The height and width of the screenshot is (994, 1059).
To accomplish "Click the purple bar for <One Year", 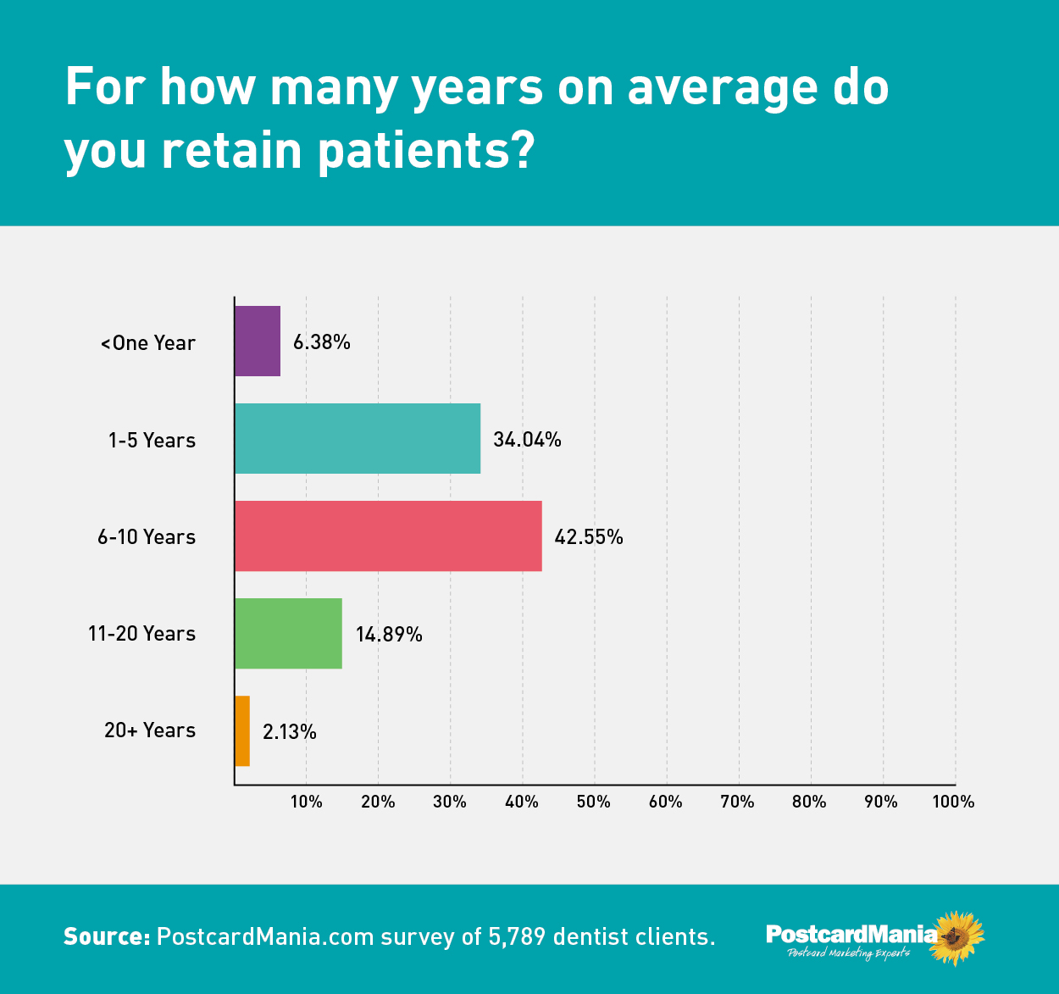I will pos(258,341).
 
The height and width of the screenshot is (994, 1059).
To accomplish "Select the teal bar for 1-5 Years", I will pos(358,438).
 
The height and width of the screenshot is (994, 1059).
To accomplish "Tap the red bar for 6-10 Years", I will pos(388,536).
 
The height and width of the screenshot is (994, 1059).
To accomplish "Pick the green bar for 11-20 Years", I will pos(288,633).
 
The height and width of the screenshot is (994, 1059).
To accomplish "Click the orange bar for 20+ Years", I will pos(242,730).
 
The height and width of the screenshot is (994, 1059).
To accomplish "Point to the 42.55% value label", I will pos(589,537).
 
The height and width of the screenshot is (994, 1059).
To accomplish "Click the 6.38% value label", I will pos(322,342).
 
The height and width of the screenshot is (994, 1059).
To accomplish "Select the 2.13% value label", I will pos(290,732).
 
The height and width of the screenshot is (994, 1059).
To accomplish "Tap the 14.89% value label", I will pos(389,635).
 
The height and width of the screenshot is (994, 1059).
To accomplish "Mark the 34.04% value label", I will pos(527,440).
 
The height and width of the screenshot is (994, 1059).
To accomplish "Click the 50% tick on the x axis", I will pos(594,802).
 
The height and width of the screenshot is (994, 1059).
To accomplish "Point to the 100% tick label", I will pos(953,802).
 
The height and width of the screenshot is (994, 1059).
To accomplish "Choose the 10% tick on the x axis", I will pos(306,802).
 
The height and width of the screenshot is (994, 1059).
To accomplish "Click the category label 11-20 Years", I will pos(141,634).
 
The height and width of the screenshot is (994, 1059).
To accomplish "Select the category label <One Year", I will pos(148,343).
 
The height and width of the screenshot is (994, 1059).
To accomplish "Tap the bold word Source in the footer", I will pos(107,936).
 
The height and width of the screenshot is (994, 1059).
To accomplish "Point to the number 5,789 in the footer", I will pos(517,936).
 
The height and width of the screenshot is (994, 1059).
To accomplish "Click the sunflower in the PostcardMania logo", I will pos(957,937).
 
